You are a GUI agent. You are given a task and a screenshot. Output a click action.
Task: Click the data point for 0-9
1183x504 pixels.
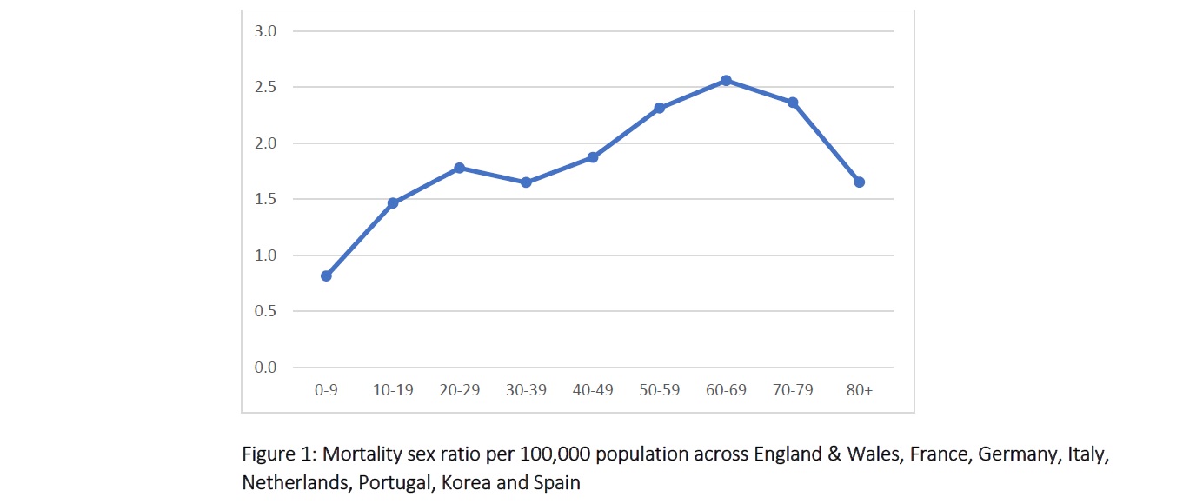(326, 275)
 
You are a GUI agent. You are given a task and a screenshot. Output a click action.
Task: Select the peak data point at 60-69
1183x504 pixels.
(726, 81)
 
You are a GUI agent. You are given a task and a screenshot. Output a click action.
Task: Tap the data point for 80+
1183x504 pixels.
(859, 182)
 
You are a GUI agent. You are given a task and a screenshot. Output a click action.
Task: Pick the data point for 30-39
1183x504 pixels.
(526, 182)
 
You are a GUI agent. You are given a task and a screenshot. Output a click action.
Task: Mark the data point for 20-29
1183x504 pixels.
(459, 168)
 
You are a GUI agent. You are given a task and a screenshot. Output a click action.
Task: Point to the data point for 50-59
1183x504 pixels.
(659, 108)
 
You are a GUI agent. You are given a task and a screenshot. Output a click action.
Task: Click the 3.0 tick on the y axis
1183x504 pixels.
(264, 31)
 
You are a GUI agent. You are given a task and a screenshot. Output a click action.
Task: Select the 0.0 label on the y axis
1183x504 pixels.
(264, 368)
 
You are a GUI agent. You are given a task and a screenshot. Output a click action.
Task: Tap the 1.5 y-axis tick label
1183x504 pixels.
(264, 199)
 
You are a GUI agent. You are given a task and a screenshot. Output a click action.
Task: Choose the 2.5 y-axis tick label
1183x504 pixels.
(264, 87)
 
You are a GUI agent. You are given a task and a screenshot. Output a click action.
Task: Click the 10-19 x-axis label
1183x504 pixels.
(393, 390)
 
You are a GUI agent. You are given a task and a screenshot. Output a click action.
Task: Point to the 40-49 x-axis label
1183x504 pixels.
(593, 390)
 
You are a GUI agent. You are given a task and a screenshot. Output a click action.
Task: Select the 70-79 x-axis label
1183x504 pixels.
(793, 390)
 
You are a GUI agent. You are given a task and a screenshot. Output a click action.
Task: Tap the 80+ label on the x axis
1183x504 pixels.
(859, 390)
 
